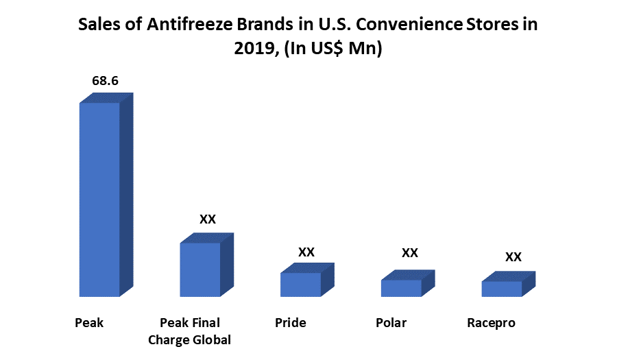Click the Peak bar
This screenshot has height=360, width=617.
pos(100,199)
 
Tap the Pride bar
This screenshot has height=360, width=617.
pos(300,285)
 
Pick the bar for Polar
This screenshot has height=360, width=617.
pos(401,288)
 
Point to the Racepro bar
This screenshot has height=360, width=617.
pos(501,289)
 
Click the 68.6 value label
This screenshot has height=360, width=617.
pos(106,81)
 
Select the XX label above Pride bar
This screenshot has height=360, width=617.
pos(306,252)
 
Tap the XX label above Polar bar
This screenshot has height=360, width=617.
pos(409,252)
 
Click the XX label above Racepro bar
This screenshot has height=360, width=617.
pos(513,257)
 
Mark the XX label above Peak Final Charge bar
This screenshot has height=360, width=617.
pos(208,219)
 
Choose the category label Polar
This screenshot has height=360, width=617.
pos(391,322)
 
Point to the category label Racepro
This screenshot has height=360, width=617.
pos(491,322)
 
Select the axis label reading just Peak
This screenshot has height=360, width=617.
pos(89,322)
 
